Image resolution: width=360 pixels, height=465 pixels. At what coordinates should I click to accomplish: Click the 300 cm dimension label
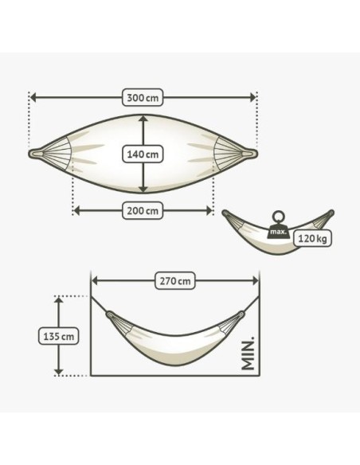pyautogui.click(x=143, y=97)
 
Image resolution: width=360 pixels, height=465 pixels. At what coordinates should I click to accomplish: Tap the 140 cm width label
pyautogui.click(x=143, y=154)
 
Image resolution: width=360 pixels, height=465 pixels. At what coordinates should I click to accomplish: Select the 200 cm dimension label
pyautogui.click(x=143, y=211)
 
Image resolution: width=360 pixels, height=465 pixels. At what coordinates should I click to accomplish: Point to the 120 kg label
pyautogui.click(x=312, y=238)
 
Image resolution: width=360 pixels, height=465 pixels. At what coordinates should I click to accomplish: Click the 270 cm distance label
pyautogui.click(x=175, y=280)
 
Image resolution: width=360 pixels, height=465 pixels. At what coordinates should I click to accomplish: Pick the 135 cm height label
pyautogui.click(x=58, y=336)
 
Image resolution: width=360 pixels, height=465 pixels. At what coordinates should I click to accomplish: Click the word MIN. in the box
pyautogui.click(x=248, y=354)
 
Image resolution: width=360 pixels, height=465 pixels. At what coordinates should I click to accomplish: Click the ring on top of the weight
pyautogui.click(x=278, y=217)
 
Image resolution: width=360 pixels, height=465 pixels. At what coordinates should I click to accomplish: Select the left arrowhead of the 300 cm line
pyautogui.click(x=33, y=97)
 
